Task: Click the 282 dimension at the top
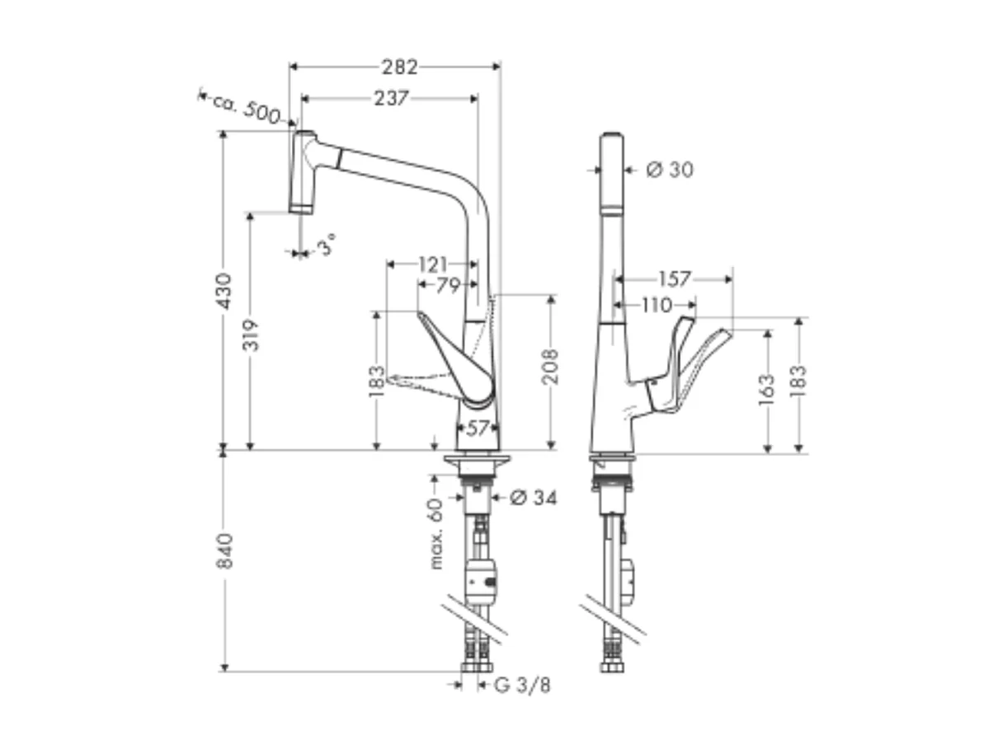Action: tap(399, 67)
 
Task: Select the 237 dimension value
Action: tap(390, 98)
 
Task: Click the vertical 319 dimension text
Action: tap(251, 335)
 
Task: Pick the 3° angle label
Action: tap(327, 245)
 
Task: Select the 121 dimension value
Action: tap(433, 265)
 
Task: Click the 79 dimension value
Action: tap(446, 285)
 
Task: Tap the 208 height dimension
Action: tap(551, 366)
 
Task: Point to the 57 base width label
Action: tap(478, 429)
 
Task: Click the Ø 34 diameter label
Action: tap(532, 498)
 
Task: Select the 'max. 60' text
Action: tap(436, 533)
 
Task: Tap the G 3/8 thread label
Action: tap(522, 686)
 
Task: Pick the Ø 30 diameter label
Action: tap(669, 170)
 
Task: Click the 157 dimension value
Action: tap(674, 279)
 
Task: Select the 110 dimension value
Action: tap(656, 306)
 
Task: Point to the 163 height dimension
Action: tap(768, 390)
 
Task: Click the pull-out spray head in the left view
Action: tap(302, 173)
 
